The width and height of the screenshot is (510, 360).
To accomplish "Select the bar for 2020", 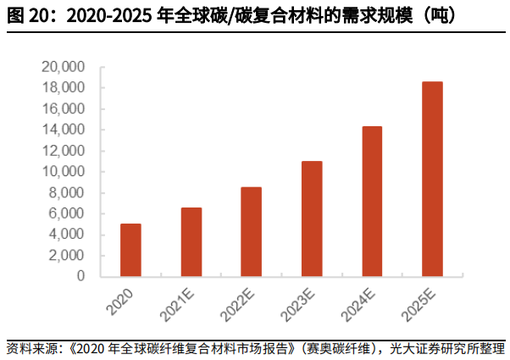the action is pos(130,250).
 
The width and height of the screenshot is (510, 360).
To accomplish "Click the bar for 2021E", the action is pos(191,242).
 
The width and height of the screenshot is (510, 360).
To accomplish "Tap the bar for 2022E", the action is pos(251,232).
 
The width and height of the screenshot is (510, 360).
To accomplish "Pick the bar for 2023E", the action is pos(312,219).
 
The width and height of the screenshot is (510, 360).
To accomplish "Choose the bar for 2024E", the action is pos(372,202).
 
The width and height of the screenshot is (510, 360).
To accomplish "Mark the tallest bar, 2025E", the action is pos(432,180).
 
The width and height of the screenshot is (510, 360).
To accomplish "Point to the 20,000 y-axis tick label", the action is pos(63,67).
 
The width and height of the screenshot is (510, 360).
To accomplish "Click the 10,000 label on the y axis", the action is pos(63,171).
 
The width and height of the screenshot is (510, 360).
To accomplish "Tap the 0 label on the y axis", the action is pos(80,276).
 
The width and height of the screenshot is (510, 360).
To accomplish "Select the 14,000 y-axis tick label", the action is pos(63,130).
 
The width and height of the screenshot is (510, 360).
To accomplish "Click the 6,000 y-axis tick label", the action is pos(66,213).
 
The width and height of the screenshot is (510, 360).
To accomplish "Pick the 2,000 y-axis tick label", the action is pos(66,255).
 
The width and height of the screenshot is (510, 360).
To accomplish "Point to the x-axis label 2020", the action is pos(120,302).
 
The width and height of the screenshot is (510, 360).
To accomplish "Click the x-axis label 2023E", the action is pos(297,306).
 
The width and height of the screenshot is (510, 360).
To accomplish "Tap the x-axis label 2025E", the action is pos(419,306).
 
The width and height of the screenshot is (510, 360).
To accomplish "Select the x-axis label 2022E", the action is pos(237,306).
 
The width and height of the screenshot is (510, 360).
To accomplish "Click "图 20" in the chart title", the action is pos(28,15).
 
